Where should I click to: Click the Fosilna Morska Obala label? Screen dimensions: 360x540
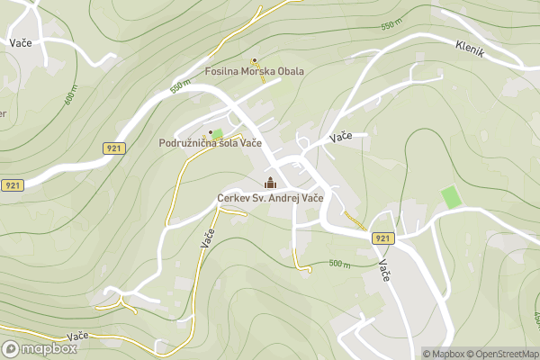pos(255,72)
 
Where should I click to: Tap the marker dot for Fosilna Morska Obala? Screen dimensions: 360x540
pos(255,61)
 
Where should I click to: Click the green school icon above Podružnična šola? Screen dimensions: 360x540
pos(216,133)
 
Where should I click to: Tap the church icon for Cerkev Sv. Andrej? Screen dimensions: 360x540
pos(270,184)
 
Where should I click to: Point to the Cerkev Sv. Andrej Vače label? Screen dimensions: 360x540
pos(270,198)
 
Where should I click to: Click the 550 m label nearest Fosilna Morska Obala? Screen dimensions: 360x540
pos(181,87)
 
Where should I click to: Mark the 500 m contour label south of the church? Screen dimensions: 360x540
pos(339,264)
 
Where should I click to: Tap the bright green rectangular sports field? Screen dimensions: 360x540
pos(450,196)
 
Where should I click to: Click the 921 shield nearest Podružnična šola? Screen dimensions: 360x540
pos(113,148)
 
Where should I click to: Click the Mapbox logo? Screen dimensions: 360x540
pos(40,348)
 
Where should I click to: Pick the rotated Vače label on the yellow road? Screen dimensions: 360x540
pos(207,239)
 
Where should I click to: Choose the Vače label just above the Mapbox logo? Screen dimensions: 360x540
pos(76,336)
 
